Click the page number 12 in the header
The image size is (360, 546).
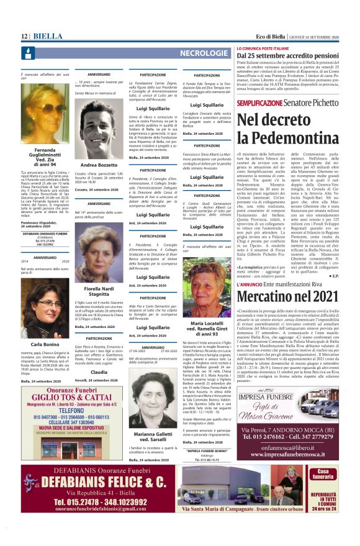(25, 37)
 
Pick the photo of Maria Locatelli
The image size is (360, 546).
(206, 284)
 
